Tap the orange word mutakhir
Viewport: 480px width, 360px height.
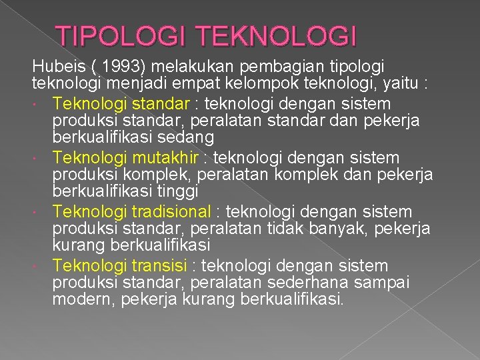[x=165, y=158]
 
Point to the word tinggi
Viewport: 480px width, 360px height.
[x=177, y=191]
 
